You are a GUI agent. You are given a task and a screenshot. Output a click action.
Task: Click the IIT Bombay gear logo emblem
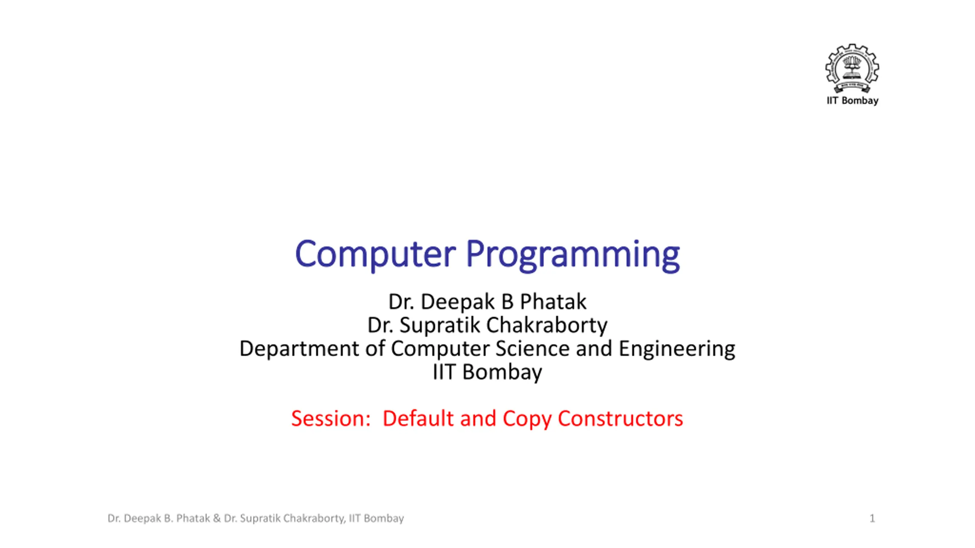click(852, 68)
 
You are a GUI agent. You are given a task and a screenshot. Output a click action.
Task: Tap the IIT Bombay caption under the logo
click(852, 101)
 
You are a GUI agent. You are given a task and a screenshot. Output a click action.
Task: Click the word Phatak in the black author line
click(553, 302)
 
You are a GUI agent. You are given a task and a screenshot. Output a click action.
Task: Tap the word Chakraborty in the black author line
click(547, 325)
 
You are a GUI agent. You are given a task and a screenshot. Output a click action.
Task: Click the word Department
click(299, 349)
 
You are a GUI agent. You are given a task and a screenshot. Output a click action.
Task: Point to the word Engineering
click(677, 349)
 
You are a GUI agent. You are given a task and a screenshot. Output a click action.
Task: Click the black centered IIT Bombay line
click(487, 372)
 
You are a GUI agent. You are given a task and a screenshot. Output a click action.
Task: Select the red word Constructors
click(620, 419)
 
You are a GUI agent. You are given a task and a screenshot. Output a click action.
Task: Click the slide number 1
click(872, 518)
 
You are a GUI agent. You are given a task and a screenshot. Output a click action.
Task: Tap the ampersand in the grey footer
click(217, 518)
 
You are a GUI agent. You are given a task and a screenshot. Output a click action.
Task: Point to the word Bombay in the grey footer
click(384, 519)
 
